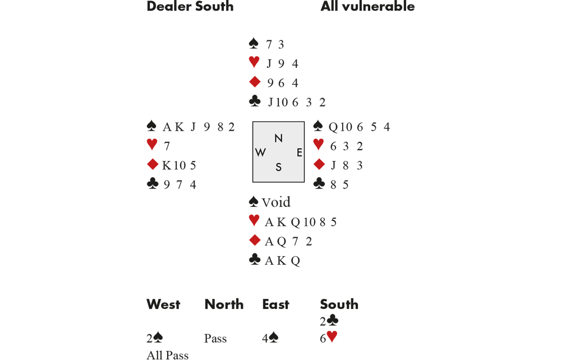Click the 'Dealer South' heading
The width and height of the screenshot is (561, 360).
click(190, 7)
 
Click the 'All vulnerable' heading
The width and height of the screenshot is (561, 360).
click(367, 7)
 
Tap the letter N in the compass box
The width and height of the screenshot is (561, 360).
click(278, 138)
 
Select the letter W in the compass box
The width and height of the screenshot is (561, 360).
click(260, 153)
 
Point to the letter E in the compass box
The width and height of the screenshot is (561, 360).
click(300, 153)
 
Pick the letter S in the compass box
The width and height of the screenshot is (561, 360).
click(278, 167)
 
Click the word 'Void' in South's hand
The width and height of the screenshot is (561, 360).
click(276, 202)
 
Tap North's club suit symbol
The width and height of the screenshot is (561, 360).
click(254, 101)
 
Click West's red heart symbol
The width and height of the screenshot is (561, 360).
click(152, 145)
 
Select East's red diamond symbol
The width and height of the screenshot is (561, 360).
click(319, 164)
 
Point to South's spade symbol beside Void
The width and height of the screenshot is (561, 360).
click(254, 202)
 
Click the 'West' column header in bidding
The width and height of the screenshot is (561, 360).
click(163, 304)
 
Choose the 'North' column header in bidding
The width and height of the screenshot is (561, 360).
click(224, 304)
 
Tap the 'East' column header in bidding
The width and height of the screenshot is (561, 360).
click(275, 304)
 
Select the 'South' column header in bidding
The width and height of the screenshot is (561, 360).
click(339, 304)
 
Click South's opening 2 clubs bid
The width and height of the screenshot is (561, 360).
click(329, 321)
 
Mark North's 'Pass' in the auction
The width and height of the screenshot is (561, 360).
click(215, 339)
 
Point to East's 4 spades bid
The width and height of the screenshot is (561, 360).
click(270, 338)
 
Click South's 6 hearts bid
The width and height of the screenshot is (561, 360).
click(329, 338)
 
